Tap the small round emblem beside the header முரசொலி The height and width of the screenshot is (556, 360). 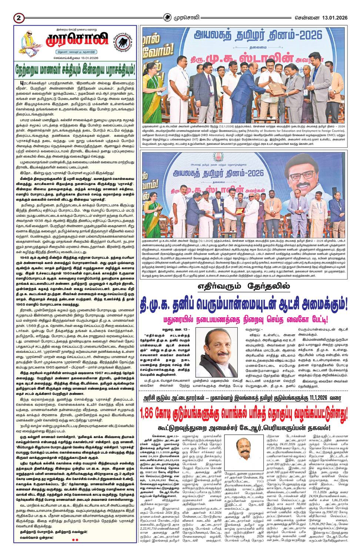point(168,17)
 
